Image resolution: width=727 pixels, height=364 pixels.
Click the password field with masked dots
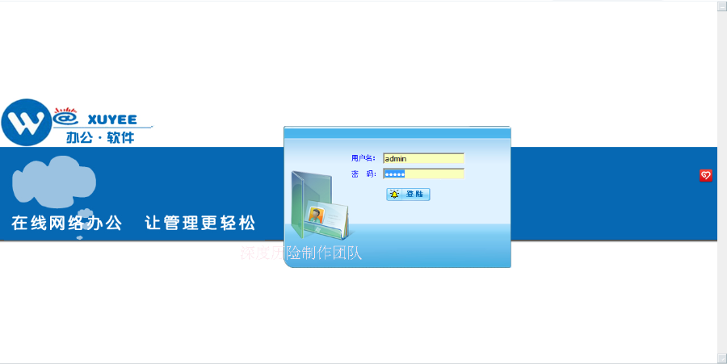pos(424,174)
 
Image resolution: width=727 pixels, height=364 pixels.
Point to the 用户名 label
pos(363,158)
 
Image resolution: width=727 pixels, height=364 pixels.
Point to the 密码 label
pos(363,174)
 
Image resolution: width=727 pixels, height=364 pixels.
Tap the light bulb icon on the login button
pos(394,194)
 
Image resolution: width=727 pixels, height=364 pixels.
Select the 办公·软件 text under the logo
pos(100,137)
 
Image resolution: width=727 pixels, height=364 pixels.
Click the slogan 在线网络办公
pos(67,223)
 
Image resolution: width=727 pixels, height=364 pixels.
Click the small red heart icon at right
pos(705,175)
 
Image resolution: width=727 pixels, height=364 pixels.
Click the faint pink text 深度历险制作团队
pos(300,253)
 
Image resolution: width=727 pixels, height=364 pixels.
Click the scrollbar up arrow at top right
pos(721,6)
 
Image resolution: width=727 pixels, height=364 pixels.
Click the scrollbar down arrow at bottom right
pos(721,358)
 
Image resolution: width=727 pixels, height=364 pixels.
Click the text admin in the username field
pos(395,158)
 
